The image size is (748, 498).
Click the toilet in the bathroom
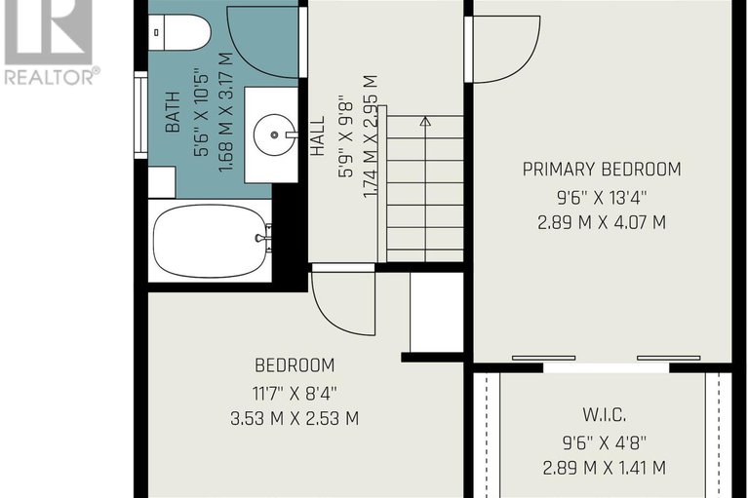click(178, 32)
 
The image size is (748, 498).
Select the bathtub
click(210, 241)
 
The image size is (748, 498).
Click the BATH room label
click(173, 112)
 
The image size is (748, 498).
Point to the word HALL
click(317, 135)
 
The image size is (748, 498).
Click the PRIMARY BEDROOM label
click(602, 170)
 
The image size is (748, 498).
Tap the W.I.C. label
click(604, 415)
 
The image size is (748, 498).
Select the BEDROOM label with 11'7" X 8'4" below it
click(295, 365)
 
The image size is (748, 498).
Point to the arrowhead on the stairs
click(425, 121)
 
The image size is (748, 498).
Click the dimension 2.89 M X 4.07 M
click(602, 222)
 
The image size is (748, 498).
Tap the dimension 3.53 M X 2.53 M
click(295, 419)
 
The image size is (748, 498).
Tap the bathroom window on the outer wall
click(140, 115)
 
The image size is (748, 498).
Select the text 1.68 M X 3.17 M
click(226, 112)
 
